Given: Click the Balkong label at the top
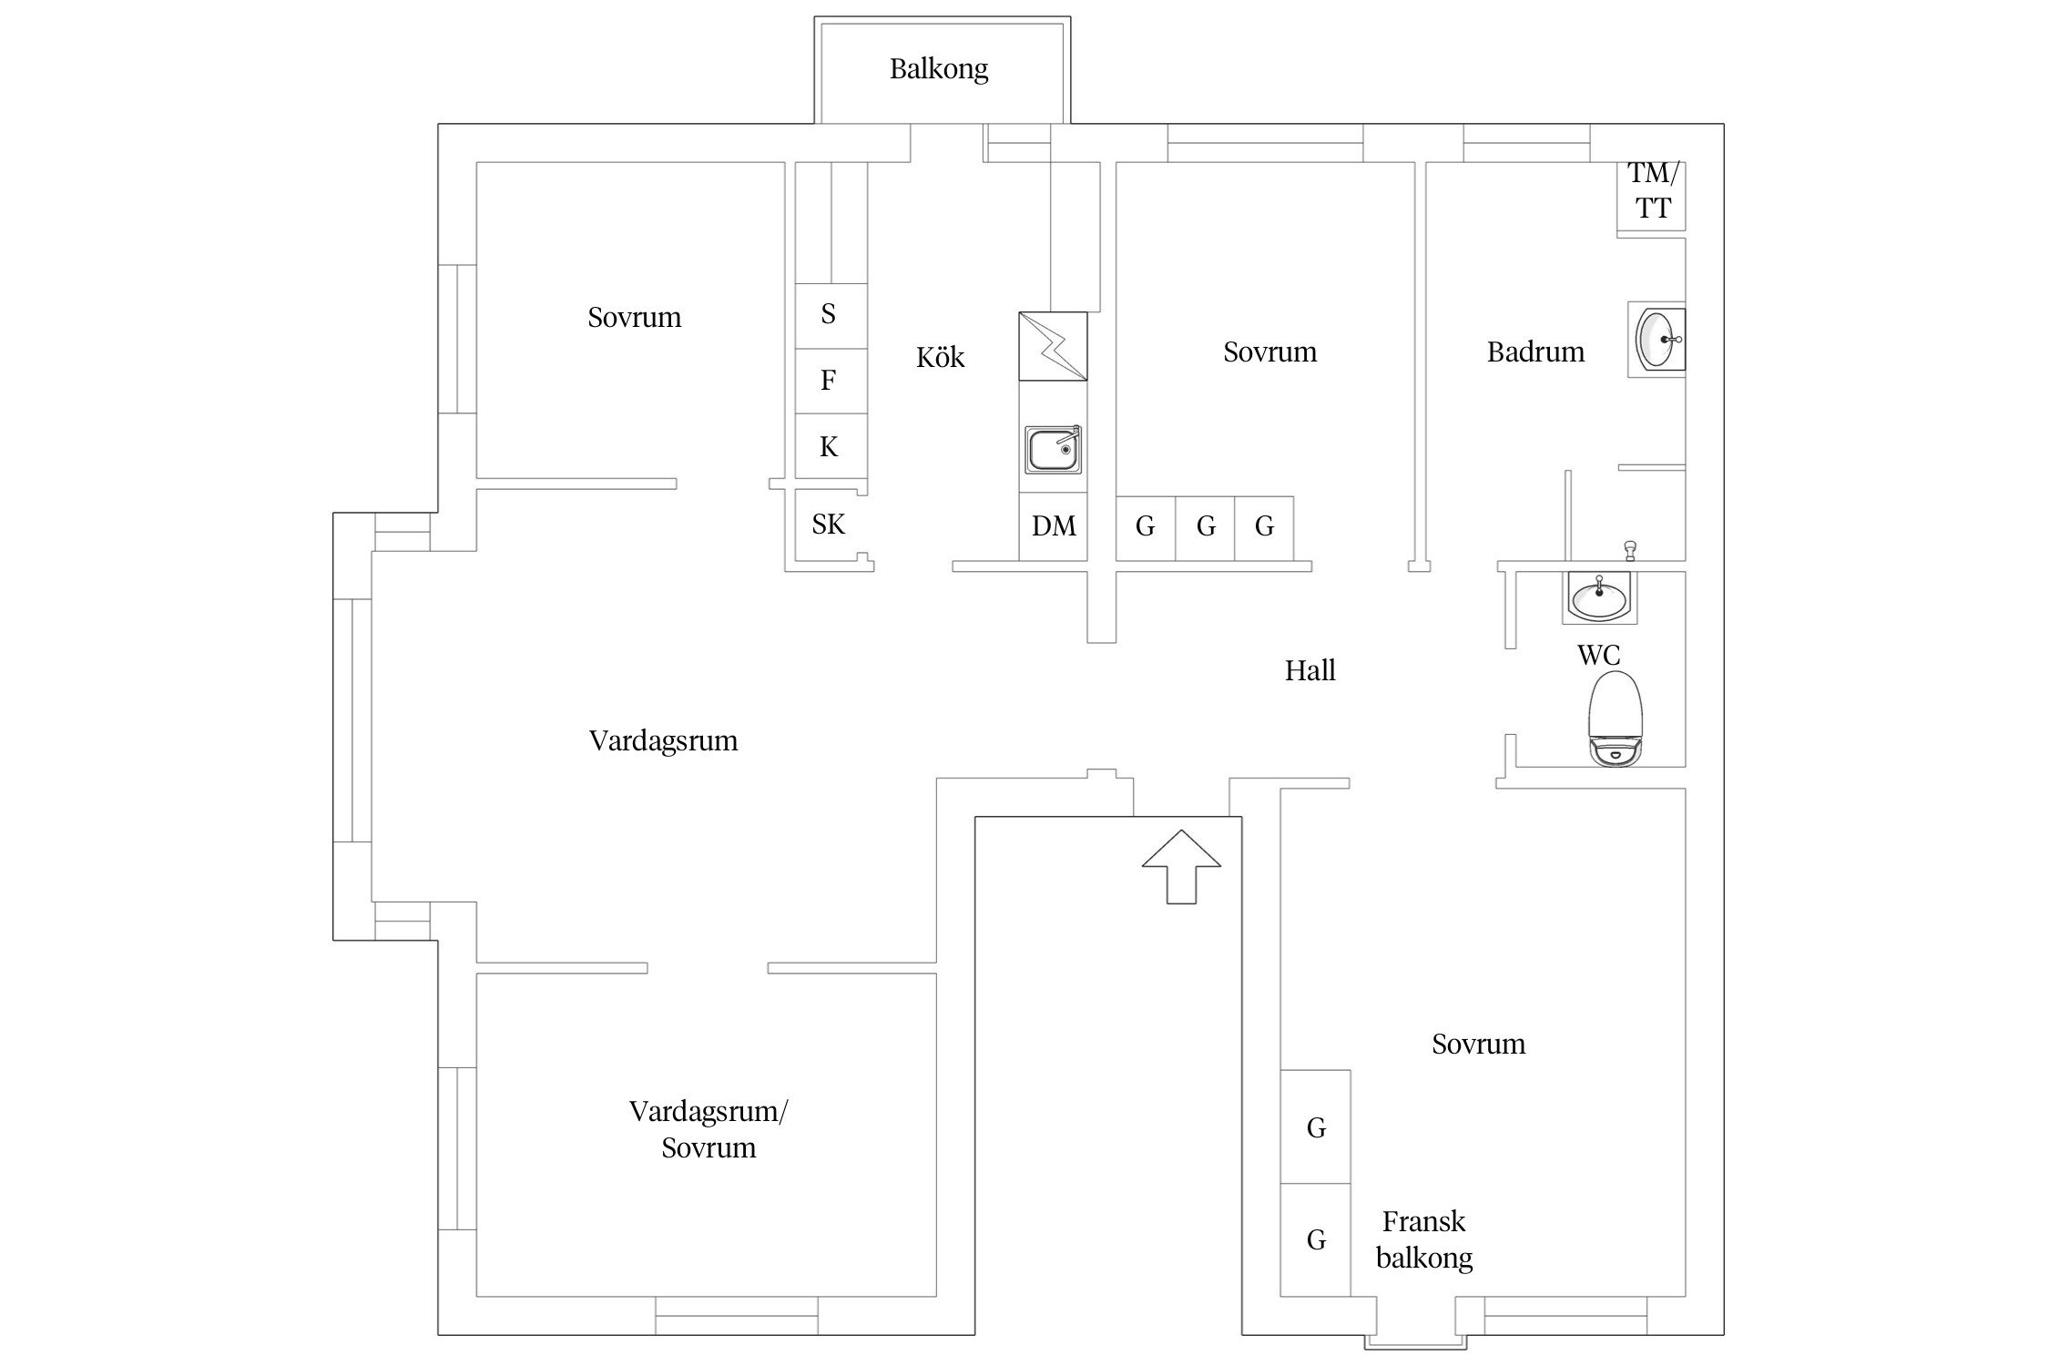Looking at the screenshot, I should pyautogui.click(x=939, y=69).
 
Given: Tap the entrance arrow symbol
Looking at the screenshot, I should pyautogui.click(x=1181, y=866).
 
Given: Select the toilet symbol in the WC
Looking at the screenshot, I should pyautogui.click(x=1616, y=719).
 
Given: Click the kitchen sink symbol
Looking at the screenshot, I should pyautogui.click(x=1054, y=450).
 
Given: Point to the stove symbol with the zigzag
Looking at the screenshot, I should pyautogui.click(x=1053, y=347).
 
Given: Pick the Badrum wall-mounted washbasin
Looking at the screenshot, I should pyautogui.click(x=1658, y=339).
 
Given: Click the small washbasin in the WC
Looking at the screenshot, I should pyautogui.click(x=1599, y=598).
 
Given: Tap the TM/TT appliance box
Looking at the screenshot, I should pyautogui.click(x=1652, y=191).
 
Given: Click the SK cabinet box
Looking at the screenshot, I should pyautogui.click(x=829, y=525).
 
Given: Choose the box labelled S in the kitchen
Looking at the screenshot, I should pyautogui.click(x=830, y=315).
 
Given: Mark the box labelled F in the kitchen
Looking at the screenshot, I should pyautogui.click(x=830, y=381).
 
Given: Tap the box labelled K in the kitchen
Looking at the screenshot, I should pyautogui.click(x=830, y=446).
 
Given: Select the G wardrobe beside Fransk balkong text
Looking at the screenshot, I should pyautogui.click(x=1315, y=1239).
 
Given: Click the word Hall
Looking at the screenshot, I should pyautogui.click(x=1310, y=671).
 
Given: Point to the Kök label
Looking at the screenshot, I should pyautogui.click(x=940, y=358).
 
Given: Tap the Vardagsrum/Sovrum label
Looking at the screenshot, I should pyautogui.click(x=708, y=1129).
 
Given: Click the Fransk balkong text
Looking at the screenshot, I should pyautogui.click(x=1424, y=1239).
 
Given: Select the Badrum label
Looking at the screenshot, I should pyautogui.click(x=1535, y=352).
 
